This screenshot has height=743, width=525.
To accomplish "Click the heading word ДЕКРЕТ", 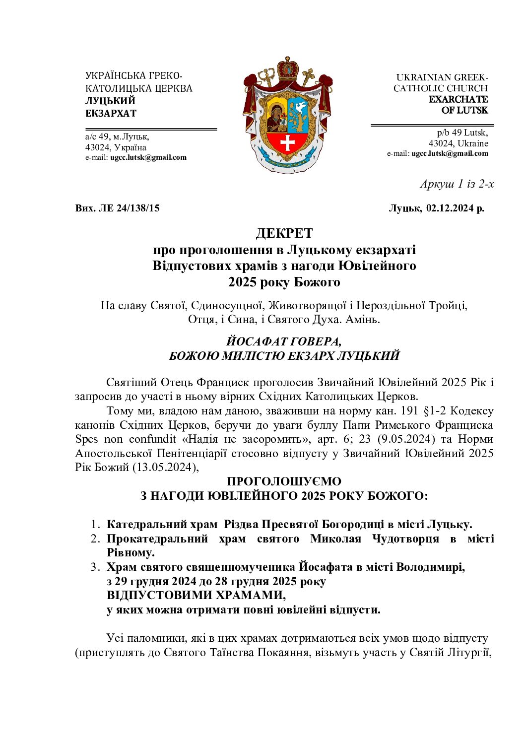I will pyautogui.click(x=284, y=233).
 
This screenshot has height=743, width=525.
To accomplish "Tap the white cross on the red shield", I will pyautogui.click(x=287, y=143).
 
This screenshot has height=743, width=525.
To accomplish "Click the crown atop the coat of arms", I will pyautogui.click(x=287, y=68).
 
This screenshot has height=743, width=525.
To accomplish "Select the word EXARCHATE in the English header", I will pyautogui.click(x=458, y=99).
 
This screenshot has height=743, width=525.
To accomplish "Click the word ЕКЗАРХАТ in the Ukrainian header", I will pyautogui.click(x=111, y=113).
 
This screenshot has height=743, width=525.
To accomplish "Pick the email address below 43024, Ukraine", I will pyautogui.click(x=450, y=153).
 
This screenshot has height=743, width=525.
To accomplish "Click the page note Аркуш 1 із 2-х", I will pyautogui.click(x=457, y=184).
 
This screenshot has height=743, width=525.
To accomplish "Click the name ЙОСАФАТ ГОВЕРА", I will pyautogui.click(x=284, y=341).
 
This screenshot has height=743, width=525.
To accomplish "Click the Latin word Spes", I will pyautogui.click(x=86, y=439).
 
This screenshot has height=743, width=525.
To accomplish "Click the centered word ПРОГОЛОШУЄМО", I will pyautogui.click(x=284, y=481).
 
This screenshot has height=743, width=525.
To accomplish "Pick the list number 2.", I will pyautogui.click(x=95, y=539).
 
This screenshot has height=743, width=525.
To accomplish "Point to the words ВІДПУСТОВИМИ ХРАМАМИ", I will pyautogui.click(x=196, y=595).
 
